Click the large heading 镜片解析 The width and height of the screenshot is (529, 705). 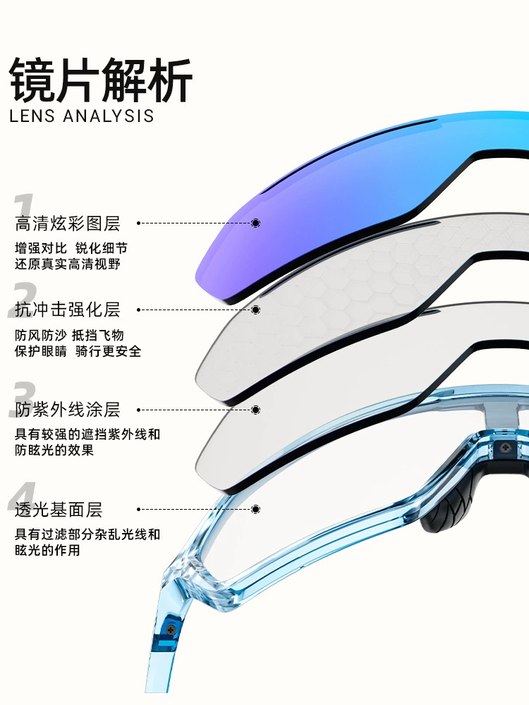(x=101, y=80)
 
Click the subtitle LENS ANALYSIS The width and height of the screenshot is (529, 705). (x=82, y=116)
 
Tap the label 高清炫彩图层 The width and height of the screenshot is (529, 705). (x=68, y=223)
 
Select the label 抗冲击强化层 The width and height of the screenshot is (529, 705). (x=68, y=309)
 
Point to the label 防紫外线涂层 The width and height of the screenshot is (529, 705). (x=68, y=410)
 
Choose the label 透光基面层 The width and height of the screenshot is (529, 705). (x=59, y=510)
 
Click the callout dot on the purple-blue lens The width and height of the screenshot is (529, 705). (x=255, y=223)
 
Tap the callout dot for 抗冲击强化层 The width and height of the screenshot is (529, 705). (x=255, y=309)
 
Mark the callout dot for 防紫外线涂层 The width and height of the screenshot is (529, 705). (x=255, y=410)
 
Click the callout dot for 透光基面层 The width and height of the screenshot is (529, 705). (x=255, y=510)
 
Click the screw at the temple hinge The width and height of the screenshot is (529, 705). (x=171, y=630)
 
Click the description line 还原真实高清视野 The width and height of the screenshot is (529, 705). (x=68, y=264)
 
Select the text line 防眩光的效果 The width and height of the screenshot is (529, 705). (x=54, y=450)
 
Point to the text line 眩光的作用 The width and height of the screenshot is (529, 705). (x=48, y=550)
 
